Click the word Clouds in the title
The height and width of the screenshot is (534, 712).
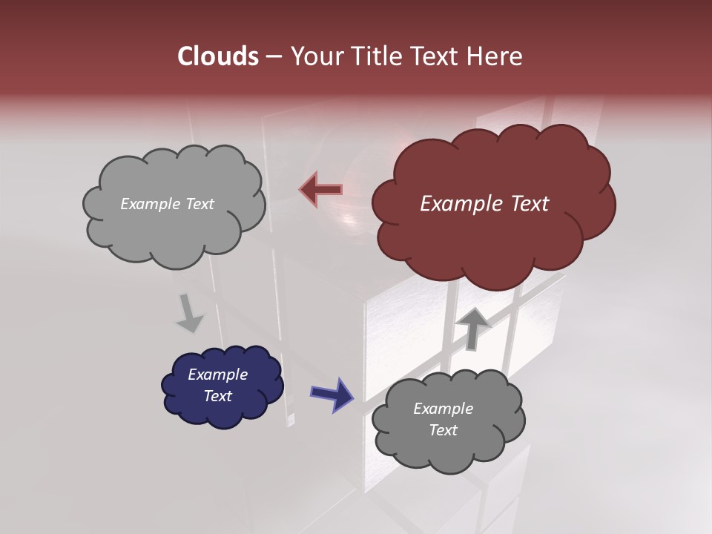[x=218, y=56]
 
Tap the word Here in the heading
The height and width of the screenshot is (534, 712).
[x=495, y=56]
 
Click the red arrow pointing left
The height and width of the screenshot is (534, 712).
[x=320, y=189]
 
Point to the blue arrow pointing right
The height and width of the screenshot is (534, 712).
[x=332, y=394]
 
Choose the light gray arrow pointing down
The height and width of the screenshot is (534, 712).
[x=190, y=313]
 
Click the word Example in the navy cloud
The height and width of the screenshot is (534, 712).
[x=217, y=375]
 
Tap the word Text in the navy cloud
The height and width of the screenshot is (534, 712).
[x=218, y=396]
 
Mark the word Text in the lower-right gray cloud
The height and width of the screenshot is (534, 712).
[x=443, y=430]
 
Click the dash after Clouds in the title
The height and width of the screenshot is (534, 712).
[x=273, y=56]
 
